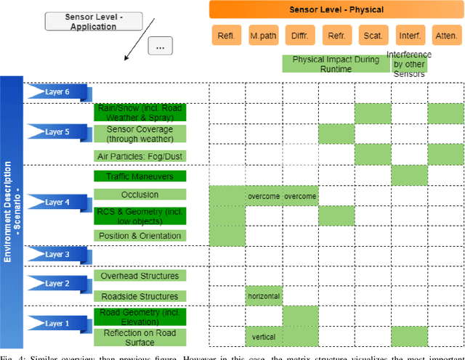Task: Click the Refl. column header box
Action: (227, 36)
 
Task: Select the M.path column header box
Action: (263, 36)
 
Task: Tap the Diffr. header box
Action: (299, 36)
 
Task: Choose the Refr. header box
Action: (336, 36)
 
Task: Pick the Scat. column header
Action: (373, 36)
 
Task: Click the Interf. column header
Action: (409, 36)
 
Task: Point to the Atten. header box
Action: (445, 36)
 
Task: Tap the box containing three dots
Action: (161, 46)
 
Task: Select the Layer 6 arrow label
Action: (57, 92)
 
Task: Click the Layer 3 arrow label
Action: (57, 254)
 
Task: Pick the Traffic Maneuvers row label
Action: (140, 176)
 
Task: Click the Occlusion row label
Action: (140, 195)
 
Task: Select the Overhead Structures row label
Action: (140, 276)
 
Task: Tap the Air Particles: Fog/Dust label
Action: (140, 156)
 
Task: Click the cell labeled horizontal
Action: (263, 296)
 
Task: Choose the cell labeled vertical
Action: (263, 337)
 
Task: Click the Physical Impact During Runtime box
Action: (336, 64)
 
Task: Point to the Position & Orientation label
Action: (140, 235)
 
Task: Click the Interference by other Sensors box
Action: (408, 64)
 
